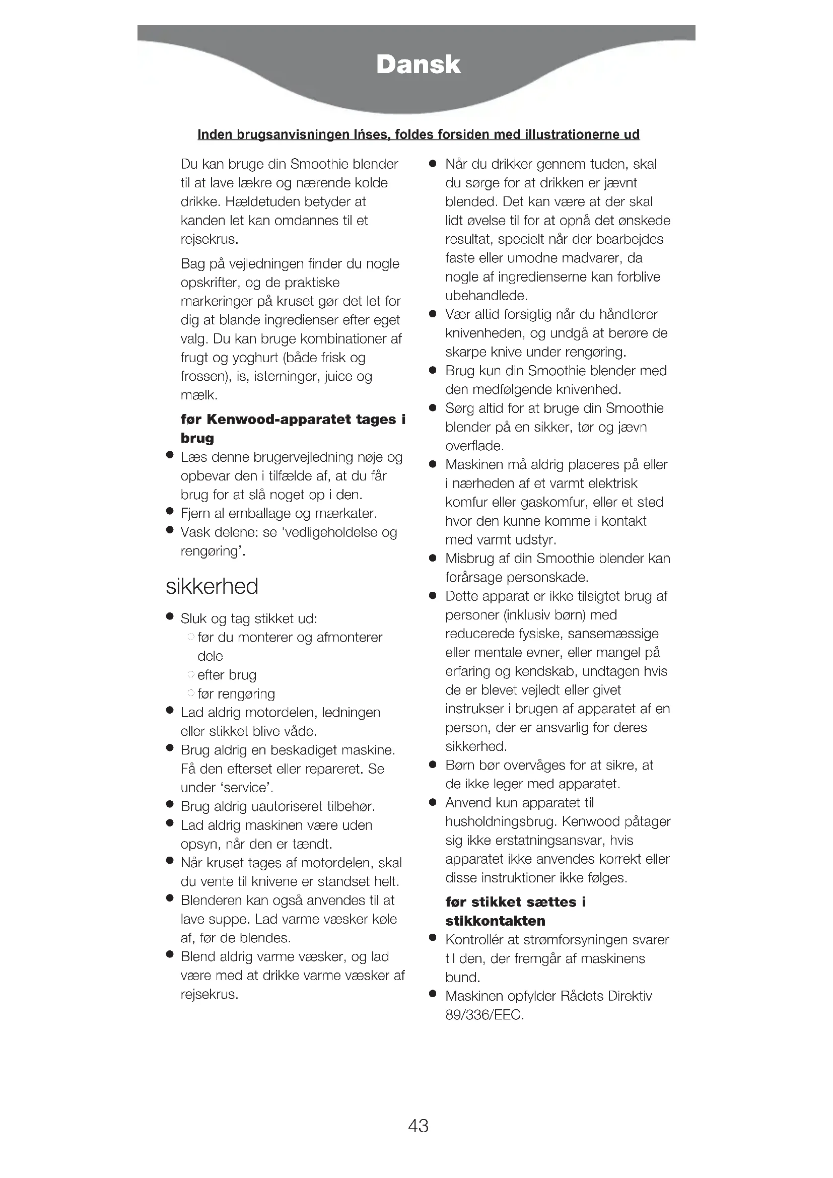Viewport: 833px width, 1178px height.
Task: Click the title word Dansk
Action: [418, 64]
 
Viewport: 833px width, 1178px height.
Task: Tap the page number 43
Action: [418, 1125]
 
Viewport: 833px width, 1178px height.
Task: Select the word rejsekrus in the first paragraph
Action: [209, 239]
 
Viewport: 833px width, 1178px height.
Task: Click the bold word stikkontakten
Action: [495, 921]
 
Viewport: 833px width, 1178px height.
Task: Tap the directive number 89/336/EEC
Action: [483, 1014]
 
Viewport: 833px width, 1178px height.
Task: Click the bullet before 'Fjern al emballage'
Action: [170, 512]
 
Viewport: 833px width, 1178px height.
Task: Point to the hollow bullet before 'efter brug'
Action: [191, 674]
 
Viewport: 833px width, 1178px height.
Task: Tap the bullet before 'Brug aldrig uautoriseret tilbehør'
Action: [170, 805]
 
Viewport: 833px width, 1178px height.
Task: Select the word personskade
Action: [547, 577]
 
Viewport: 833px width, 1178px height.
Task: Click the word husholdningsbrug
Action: [501, 821]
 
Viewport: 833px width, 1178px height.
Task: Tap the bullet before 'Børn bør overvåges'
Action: [433, 765]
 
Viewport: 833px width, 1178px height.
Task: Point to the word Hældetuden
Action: [262, 201]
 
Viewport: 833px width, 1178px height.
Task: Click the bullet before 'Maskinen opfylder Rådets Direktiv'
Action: [433, 995]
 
